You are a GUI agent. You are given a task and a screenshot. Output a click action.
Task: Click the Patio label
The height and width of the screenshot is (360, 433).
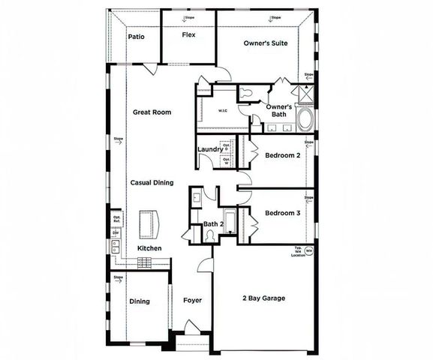tap(136, 36)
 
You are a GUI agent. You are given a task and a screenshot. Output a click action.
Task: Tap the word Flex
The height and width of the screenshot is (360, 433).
tap(188, 34)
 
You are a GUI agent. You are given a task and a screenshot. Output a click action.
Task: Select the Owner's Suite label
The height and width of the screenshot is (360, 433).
tap(266, 43)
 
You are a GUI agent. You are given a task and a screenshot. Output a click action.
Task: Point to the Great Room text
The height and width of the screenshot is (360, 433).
tap(152, 112)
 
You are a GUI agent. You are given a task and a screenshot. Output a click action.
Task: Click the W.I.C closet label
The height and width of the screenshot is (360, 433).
tap(223, 111)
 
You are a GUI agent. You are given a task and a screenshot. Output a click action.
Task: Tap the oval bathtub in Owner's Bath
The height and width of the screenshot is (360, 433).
tap(305, 120)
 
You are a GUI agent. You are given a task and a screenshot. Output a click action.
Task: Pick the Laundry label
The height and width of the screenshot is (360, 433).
tap(209, 149)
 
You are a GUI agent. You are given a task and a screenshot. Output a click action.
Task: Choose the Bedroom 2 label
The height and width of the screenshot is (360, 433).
tap(283, 155)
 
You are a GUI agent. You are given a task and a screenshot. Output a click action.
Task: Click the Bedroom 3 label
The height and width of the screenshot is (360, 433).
tap(283, 213)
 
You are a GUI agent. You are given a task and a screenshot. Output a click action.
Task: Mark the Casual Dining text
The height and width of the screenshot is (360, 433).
tap(152, 182)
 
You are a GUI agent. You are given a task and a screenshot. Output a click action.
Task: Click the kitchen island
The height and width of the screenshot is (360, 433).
tap(150, 223)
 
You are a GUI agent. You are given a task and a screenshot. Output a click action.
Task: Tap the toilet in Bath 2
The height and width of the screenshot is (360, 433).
tap(212, 235)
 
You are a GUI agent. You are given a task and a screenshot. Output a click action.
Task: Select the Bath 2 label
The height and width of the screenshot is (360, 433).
tap(214, 223)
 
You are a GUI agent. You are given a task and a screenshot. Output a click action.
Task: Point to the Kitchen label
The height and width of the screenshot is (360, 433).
tap(149, 248)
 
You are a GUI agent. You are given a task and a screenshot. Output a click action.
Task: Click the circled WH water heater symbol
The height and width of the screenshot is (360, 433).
tap(308, 252)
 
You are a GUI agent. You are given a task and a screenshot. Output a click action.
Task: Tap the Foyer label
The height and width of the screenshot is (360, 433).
tap(193, 301)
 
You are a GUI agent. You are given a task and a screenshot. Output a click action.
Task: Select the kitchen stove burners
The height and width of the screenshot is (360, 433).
tap(144, 262)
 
